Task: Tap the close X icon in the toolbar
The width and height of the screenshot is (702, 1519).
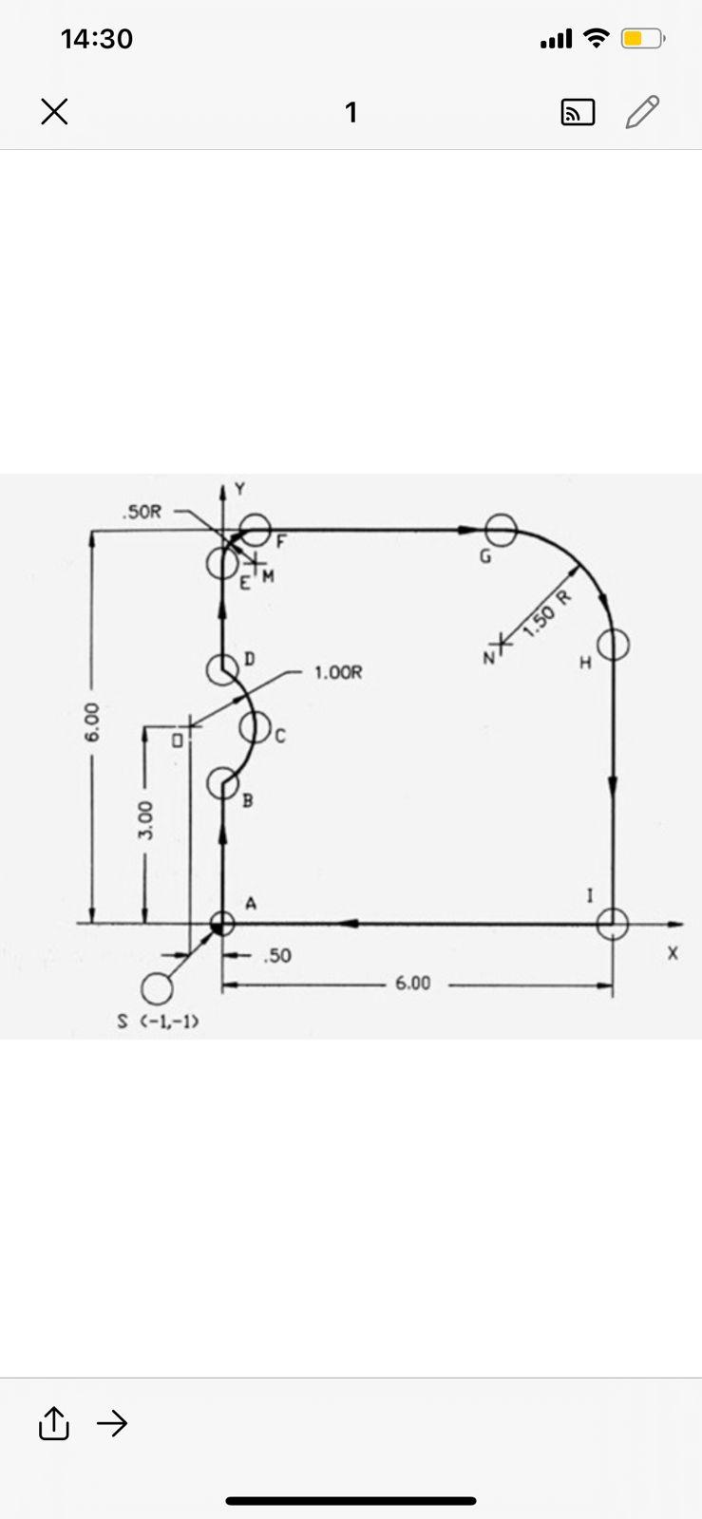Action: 54,112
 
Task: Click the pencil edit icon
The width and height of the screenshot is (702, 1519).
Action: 642,112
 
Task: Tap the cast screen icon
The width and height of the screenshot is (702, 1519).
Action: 578,113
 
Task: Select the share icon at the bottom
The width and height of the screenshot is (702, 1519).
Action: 53,1423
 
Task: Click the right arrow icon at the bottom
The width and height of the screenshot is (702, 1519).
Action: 112,1423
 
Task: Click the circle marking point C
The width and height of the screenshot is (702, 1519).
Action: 240,727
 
